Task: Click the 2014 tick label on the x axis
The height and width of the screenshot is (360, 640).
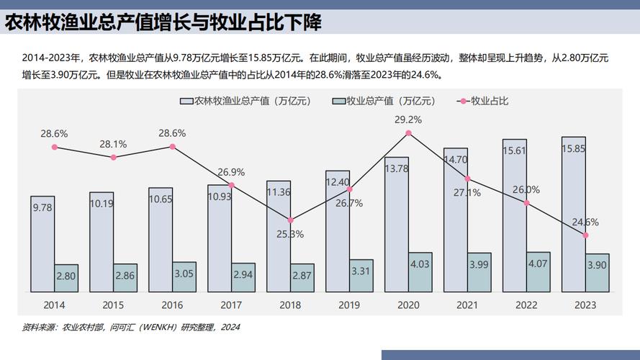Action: tap(54, 305)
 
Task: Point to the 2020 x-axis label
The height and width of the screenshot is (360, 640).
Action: tap(408, 305)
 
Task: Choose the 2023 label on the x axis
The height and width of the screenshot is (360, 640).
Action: tap(585, 305)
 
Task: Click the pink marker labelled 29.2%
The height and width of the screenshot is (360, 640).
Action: tap(409, 132)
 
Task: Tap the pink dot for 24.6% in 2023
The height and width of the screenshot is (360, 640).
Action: tap(586, 235)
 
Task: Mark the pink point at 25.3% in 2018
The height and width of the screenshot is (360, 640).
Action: tap(291, 220)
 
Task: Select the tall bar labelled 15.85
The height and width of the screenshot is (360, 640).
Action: tap(573, 214)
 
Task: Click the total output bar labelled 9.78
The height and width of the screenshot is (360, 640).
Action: tap(42, 243)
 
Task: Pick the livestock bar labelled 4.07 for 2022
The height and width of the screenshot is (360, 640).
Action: tap(538, 272)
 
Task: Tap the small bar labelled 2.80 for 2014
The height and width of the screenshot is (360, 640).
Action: tap(66, 278)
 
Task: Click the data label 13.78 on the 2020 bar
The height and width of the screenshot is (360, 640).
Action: tap(397, 168)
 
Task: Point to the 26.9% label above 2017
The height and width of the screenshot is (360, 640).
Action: tap(231, 172)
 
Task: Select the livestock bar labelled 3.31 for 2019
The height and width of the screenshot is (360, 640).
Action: tap(361, 276)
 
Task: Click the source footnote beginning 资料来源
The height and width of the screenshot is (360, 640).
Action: tap(130, 327)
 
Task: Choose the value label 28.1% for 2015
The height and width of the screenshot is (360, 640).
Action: tap(113, 144)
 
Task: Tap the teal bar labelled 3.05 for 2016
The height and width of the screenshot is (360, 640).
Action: tap(184, 276)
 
